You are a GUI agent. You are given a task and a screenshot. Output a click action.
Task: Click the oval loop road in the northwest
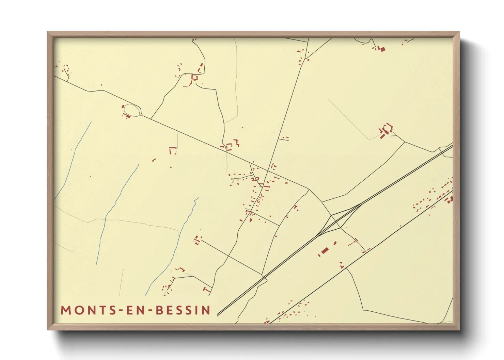click(x=132, y=110)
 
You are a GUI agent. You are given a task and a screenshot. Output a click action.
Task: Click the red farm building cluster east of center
click(x=386, y=130)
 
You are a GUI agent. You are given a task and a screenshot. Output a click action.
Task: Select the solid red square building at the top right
click(x=382, y=49)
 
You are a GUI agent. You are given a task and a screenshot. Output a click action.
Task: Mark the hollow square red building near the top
click(x=194, y=78)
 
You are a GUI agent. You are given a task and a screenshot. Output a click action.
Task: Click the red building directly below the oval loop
click(x=128, y=117)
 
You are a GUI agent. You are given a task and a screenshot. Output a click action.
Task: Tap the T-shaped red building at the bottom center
click(x=206, y=290)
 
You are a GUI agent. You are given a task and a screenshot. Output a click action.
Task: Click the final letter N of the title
click(x=206, y=310)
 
